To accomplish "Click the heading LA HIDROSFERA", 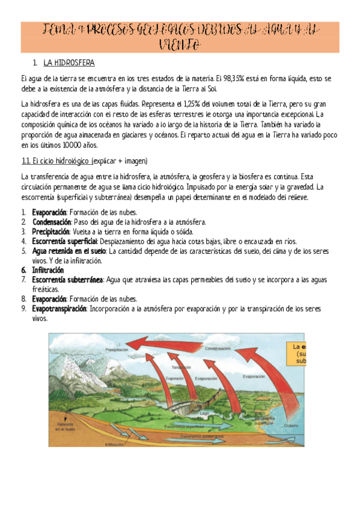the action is (x=69, y=63).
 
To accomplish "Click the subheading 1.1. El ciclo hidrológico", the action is (x=56, y=162).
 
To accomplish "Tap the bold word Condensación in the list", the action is (x=54, y=222).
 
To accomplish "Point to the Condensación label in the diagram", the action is (x=218, y=348).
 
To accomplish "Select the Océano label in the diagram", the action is (x=291, y=425).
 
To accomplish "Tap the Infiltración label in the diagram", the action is (x=114, y=444).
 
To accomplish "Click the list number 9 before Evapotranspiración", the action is (x=23, y=309).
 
